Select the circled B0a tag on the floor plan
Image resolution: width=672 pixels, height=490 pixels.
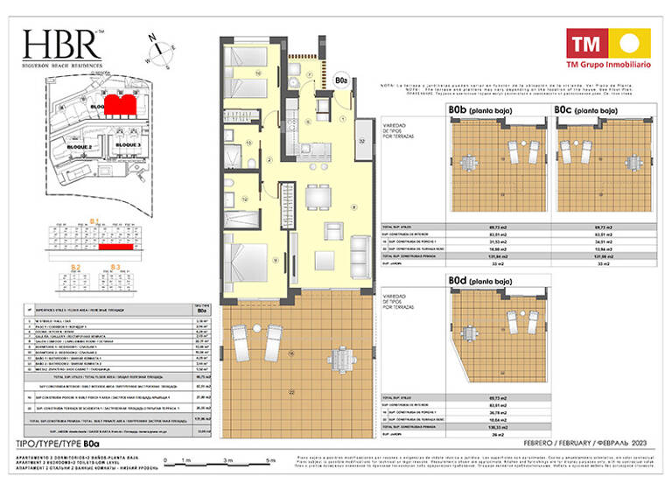click(x=342, y=83)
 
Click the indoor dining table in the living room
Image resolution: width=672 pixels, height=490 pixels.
click(x=317, y=199)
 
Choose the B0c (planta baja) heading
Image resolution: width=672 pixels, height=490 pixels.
click(x=586, y=111)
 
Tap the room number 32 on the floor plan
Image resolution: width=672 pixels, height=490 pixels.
click(x=360, y=140)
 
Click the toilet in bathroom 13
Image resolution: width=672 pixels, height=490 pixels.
click(x=250, y=163)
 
